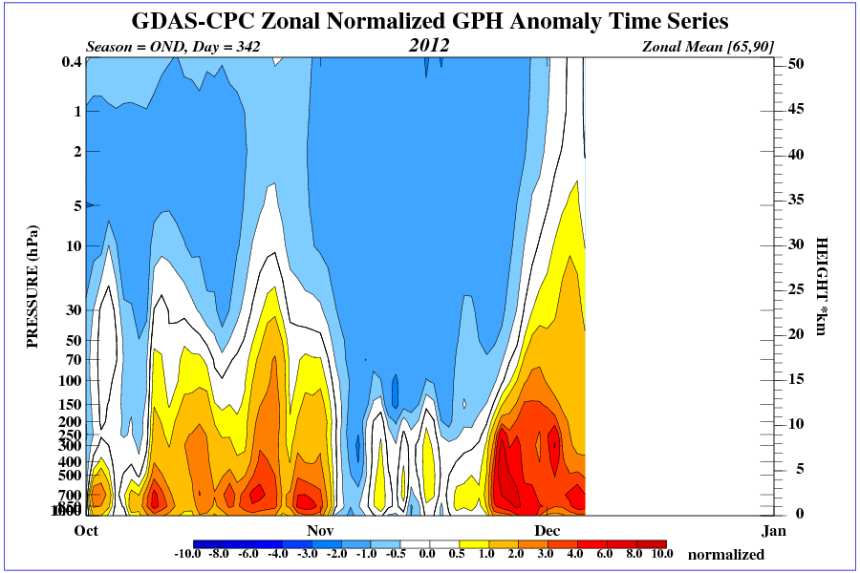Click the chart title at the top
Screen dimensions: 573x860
click(x=430, y=21)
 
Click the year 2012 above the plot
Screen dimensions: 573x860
click(x=429, y=45)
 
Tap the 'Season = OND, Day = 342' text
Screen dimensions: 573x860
click(x=173, y=46)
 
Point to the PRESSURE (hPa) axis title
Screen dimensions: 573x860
click(x=32, y=286)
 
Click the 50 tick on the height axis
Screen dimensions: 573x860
click(x=797, y=63)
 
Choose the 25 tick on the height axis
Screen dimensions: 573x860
click(x=797, y=289)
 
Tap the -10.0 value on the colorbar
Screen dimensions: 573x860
click(x=190, y=554)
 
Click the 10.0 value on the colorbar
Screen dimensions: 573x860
click(x=662, y=554)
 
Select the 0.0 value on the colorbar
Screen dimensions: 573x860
click(x=427, y=554)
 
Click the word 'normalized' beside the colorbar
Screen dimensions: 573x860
click(x=726, y=554)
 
